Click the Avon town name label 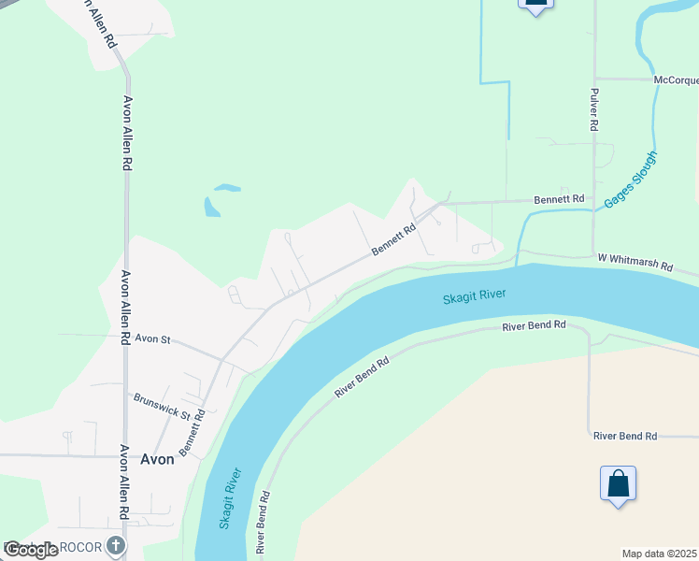[157, 459]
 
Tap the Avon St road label [152, 339]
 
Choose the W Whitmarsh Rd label [635, 262]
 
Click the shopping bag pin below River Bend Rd [618, 484]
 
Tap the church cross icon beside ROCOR [115, 545]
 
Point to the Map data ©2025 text [659, 554]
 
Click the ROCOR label [82, 545]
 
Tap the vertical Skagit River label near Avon [230, 497]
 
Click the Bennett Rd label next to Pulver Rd [558, 199]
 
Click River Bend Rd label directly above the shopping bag [625, 436]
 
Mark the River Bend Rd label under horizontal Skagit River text [534, 326]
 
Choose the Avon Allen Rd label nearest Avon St [123, 308]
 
